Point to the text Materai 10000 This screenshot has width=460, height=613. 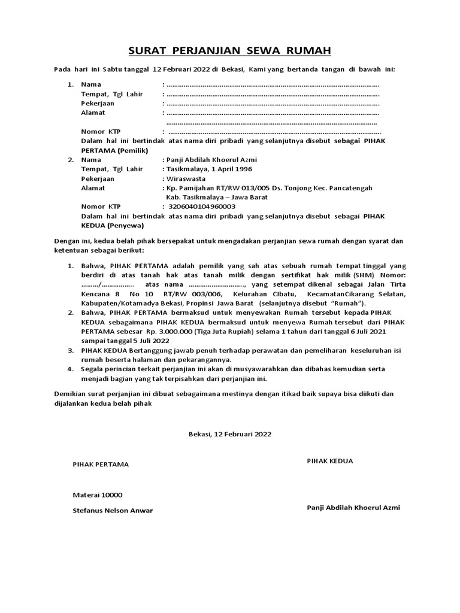(97, 495)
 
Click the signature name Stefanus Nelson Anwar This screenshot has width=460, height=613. (113, 511)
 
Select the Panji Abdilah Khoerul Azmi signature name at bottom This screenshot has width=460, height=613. (353, 508)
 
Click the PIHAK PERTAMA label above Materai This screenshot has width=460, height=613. (101, 465)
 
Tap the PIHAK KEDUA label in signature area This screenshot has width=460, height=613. (330, 461)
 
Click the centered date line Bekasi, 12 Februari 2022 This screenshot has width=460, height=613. (229, 434)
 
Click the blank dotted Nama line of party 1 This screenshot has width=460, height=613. (273, 84)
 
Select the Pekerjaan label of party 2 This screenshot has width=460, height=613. (98, 178)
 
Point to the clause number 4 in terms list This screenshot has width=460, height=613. (70, 369)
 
